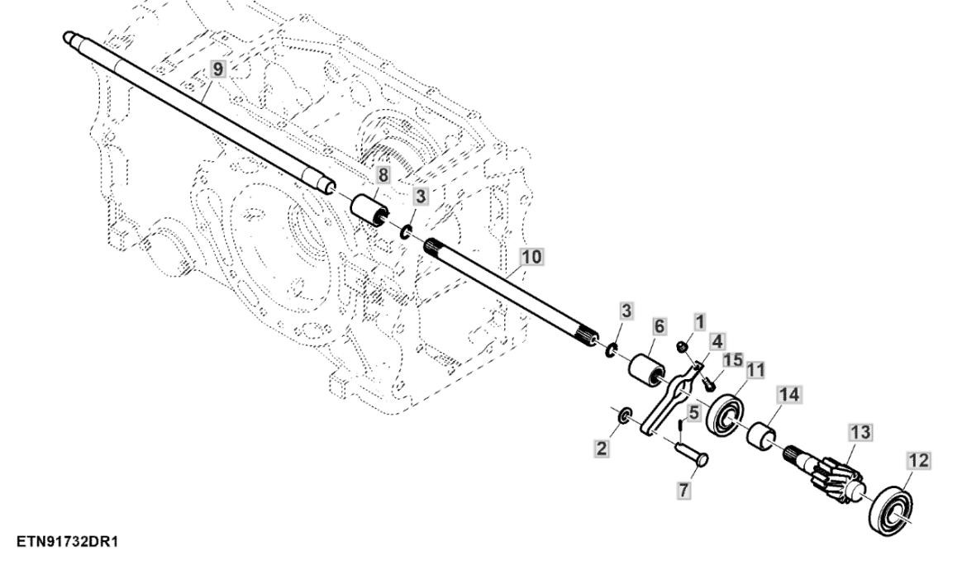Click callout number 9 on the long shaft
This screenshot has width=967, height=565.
click(217, 69)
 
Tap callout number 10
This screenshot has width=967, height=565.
click(531, 257)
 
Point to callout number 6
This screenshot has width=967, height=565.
click(658, 327)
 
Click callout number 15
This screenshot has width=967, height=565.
click(733, 360)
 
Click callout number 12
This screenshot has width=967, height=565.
click(919, 460)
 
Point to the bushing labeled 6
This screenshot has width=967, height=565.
click(648, 367)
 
